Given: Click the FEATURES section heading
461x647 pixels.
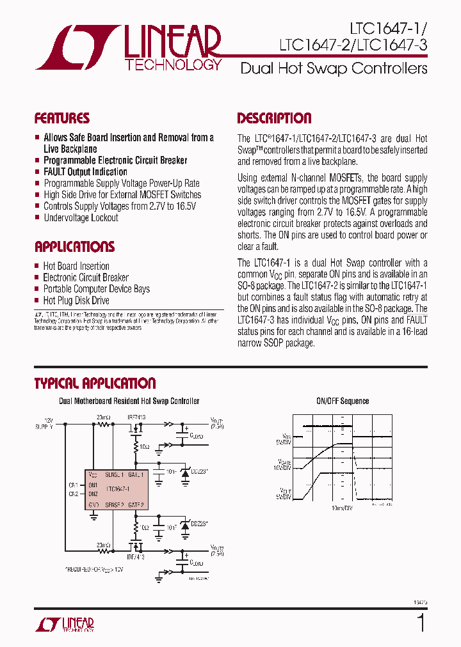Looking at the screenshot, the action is [x=61, y=118].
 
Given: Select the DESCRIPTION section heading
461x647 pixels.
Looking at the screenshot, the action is [x=274, y=118].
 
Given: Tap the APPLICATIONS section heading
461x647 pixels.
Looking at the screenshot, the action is [x=74, y=247].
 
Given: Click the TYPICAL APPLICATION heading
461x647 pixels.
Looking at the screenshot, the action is [x=95, y=384].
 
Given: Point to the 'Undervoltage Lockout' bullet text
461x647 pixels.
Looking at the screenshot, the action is [x=81, y=218].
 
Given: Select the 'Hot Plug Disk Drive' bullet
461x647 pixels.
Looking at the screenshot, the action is [x=76, y=300].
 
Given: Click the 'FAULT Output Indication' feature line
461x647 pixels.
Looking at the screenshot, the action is [x=85, y=172].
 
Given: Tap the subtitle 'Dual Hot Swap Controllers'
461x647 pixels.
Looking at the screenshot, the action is [x=334, y=68].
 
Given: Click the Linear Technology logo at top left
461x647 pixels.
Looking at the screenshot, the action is [x=128, y=47].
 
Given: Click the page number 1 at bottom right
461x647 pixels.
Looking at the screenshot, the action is [x=421, y=623].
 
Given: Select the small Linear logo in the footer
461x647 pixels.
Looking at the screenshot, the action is [x=70, y=625].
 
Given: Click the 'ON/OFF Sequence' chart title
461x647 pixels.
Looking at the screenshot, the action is [x=343, y=401].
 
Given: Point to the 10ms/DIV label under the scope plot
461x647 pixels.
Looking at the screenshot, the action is [x=343, y=508].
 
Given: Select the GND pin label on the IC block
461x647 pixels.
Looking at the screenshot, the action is [x=93, y=504].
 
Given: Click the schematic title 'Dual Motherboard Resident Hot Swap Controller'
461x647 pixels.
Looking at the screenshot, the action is [x=129, y=401].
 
